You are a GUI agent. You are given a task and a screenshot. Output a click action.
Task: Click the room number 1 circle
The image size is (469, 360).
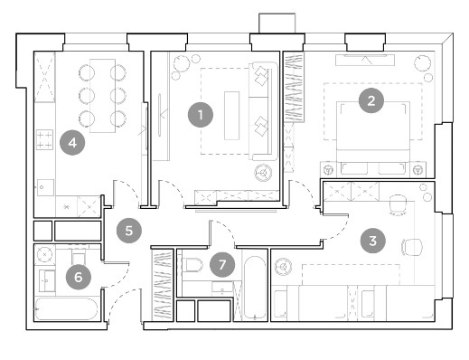coord(201,115)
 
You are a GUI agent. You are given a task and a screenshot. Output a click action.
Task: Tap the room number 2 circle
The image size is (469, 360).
coord(371,100)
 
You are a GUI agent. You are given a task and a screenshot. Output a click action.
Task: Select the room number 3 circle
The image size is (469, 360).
coord(372,241)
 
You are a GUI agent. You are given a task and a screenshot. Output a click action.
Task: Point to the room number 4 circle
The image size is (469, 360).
coord(72,143)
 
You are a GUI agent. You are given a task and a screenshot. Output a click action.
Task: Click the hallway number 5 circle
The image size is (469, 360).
coord(129,231)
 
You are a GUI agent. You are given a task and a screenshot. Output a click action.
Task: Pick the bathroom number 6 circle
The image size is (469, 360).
coord(79,277)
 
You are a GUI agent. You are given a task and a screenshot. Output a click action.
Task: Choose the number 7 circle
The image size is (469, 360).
coord(222,265)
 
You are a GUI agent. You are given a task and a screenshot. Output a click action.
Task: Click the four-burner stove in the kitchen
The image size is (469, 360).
coord(44,139)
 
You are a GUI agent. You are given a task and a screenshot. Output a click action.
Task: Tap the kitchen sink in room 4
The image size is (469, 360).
coord(45,187)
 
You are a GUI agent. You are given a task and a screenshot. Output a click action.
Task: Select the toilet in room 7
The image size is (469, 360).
coord(192,265)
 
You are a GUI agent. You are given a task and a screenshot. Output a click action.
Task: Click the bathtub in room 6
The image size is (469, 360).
coord(66,308)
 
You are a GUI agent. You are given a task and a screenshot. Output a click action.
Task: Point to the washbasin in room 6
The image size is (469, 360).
coord(47,280)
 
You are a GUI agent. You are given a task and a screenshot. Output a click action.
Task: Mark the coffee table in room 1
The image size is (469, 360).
coord(231,116)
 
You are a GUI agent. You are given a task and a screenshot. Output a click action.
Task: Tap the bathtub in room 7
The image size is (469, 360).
coord(255,288)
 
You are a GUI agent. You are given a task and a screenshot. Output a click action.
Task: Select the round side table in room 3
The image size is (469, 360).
coord(283,267)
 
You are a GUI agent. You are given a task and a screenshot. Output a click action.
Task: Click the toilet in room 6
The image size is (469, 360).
coord(79,256)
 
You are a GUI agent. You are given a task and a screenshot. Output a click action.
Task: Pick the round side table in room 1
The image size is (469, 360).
coord(263,173)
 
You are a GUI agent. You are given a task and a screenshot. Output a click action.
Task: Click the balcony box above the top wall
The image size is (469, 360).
coord(277,23)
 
